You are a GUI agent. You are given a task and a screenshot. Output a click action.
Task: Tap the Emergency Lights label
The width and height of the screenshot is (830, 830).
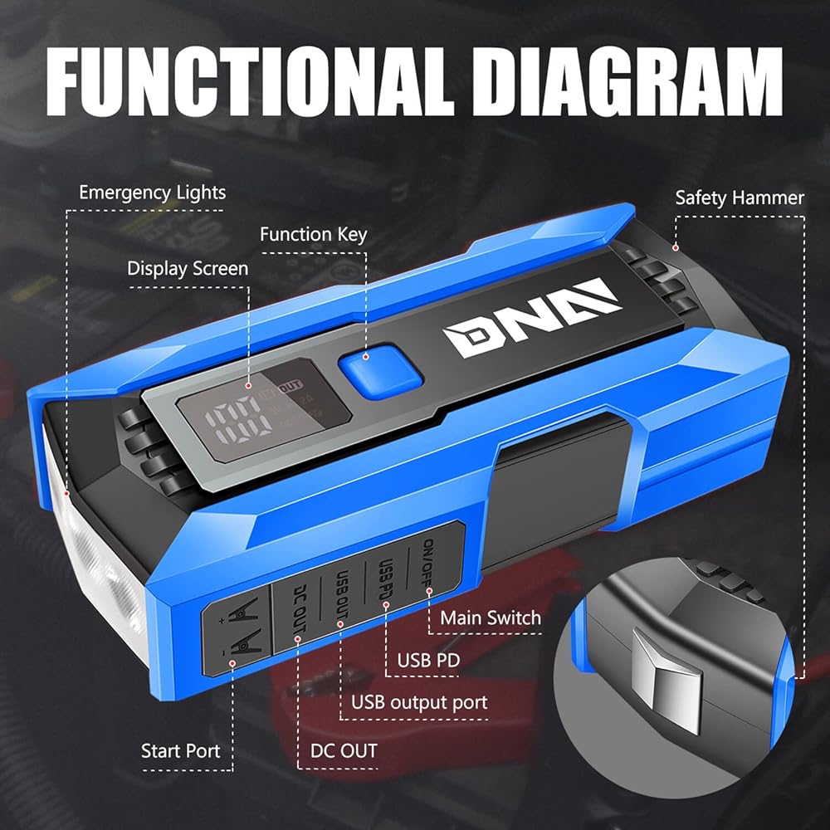[x=152, y=193]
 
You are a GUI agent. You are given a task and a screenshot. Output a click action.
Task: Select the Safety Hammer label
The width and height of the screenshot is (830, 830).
[x=739, y=198]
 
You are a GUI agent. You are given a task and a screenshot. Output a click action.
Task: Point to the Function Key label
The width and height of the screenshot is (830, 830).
[x=313, y=234]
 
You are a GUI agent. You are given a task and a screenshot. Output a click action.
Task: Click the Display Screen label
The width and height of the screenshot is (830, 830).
[x=188, y=268]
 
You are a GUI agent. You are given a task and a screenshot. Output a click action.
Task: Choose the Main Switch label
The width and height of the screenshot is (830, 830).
[x=490, y=618]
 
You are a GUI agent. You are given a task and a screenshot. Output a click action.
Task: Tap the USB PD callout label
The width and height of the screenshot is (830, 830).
[x=428, y=661]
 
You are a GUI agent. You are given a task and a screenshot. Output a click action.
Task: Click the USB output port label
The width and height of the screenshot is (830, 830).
[x=419, y=702]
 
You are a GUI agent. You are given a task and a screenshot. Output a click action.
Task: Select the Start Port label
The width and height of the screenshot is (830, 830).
[x=181, y=751]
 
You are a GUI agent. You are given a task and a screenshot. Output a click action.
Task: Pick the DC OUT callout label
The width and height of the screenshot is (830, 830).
[x=344, y=751]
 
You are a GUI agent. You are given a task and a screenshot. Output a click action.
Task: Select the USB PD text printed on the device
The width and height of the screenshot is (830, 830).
[x=384, y=582]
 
